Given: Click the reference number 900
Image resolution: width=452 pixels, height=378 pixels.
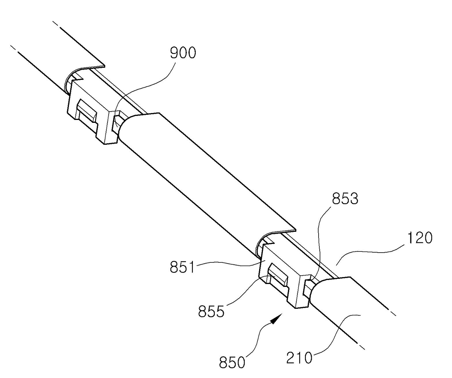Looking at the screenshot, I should [x=183, y=53].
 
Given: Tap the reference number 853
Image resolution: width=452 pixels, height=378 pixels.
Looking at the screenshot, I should [x=345, y=199].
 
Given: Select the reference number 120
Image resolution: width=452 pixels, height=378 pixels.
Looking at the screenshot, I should [x=418, y=238].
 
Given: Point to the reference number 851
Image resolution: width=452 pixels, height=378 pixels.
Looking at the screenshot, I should [x=183, y=268].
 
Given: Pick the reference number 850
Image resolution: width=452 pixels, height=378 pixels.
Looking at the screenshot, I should [x=232, y=363].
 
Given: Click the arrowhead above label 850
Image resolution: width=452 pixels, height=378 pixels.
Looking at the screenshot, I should [x=277, y=317].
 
